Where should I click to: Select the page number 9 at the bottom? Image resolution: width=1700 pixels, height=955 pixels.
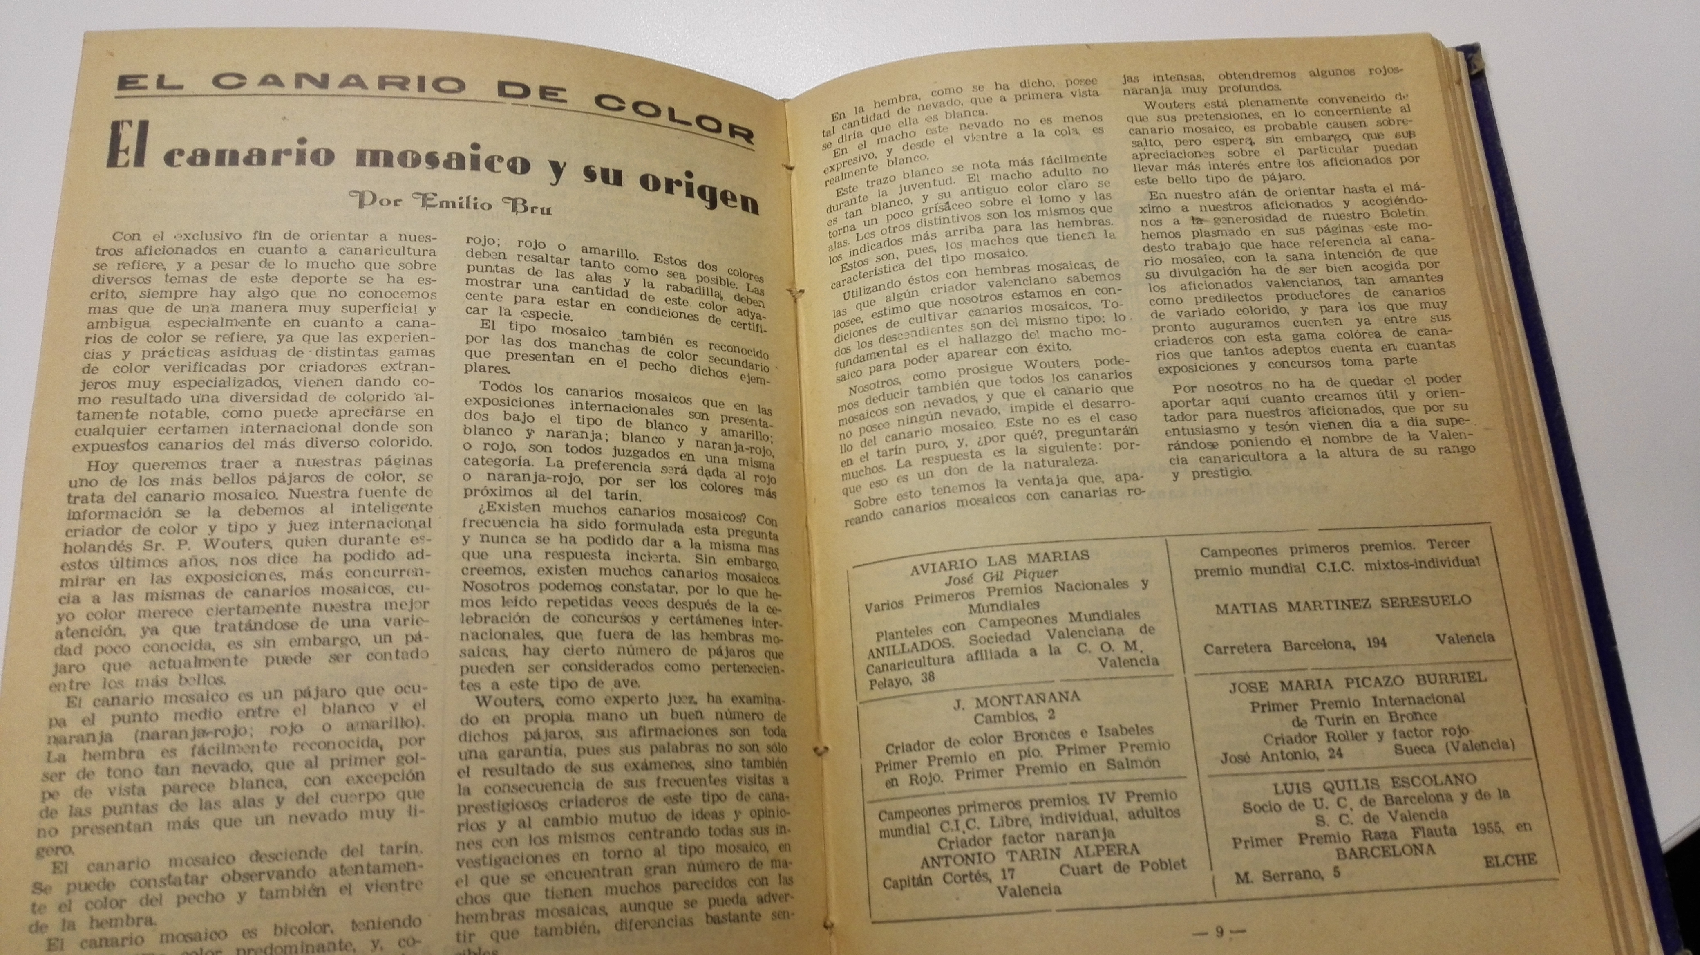[1219, 931]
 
